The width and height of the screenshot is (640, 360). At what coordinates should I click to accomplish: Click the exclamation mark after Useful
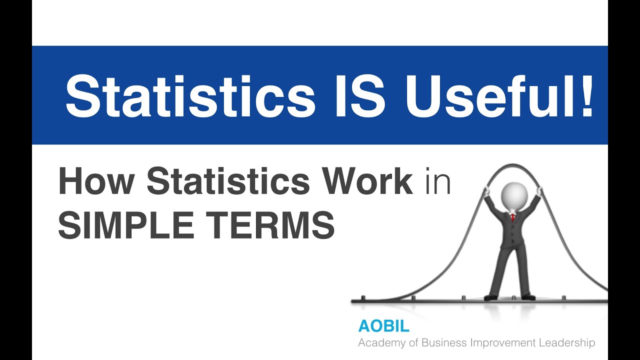tap(586, 95)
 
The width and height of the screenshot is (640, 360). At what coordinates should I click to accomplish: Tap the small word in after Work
tap(438, 182)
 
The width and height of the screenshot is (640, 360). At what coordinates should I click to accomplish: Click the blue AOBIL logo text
tap(383, 326)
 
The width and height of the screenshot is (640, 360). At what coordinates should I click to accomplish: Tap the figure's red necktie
tap(513, 218)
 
